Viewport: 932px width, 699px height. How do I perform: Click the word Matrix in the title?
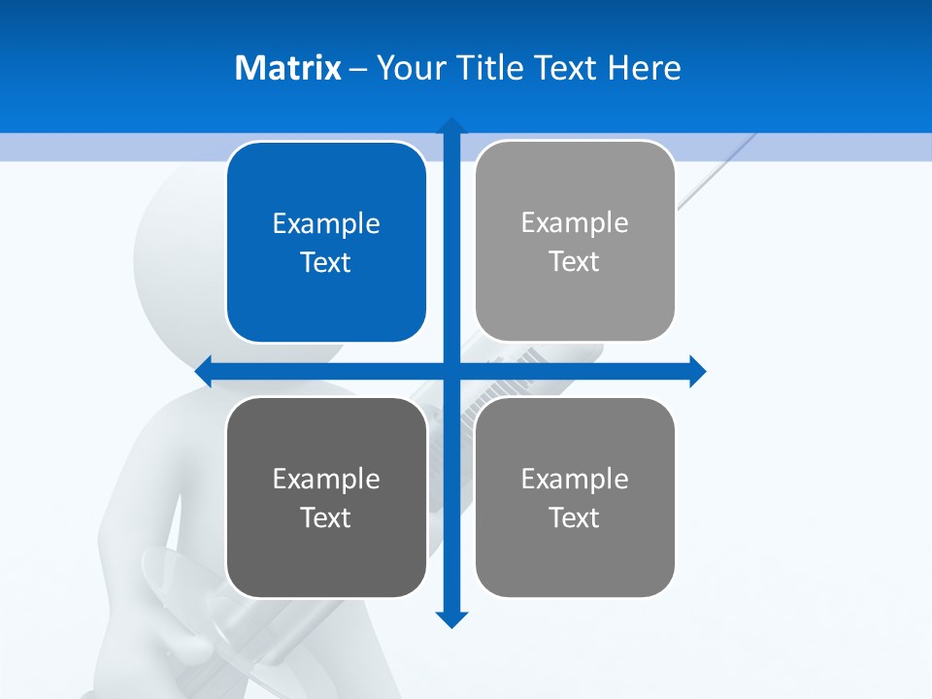click(x=287, y=68)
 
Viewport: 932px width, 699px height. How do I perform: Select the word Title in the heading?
click(x=492, y=68)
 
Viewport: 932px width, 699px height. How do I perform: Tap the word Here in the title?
click(x=644, y=68)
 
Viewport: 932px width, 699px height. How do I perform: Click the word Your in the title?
click(x=408, y=68)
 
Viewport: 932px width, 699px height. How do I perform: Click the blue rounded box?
click(x=326, y=242)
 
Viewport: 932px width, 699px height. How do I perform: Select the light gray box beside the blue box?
click(x=575, y=241)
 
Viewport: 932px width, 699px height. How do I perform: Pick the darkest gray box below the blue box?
click(x=326, y=497)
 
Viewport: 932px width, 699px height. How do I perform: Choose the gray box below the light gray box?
click(x=575, y=497)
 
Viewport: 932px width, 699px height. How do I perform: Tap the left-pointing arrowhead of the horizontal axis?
click(x=204, y=371)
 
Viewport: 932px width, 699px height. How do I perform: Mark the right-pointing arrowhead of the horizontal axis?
click(x=697, y=371)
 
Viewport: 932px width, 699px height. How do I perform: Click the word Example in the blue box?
click(x=326, y=224)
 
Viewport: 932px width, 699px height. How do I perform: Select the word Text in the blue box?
click(x=326, y=263)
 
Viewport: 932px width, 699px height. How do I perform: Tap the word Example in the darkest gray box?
click(x=326, y=479)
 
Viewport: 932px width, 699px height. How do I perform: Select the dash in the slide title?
click(x=358, y=69)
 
